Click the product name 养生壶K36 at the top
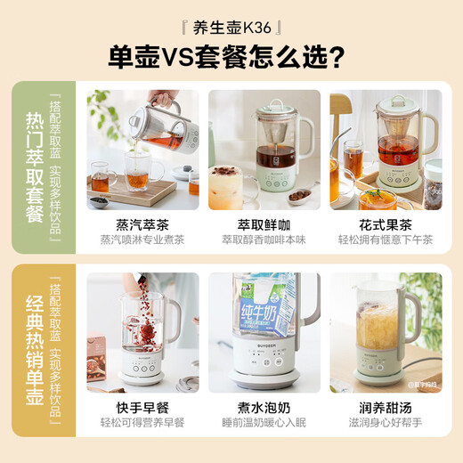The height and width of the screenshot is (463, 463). pyautogui.click(x=231, y=26)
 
